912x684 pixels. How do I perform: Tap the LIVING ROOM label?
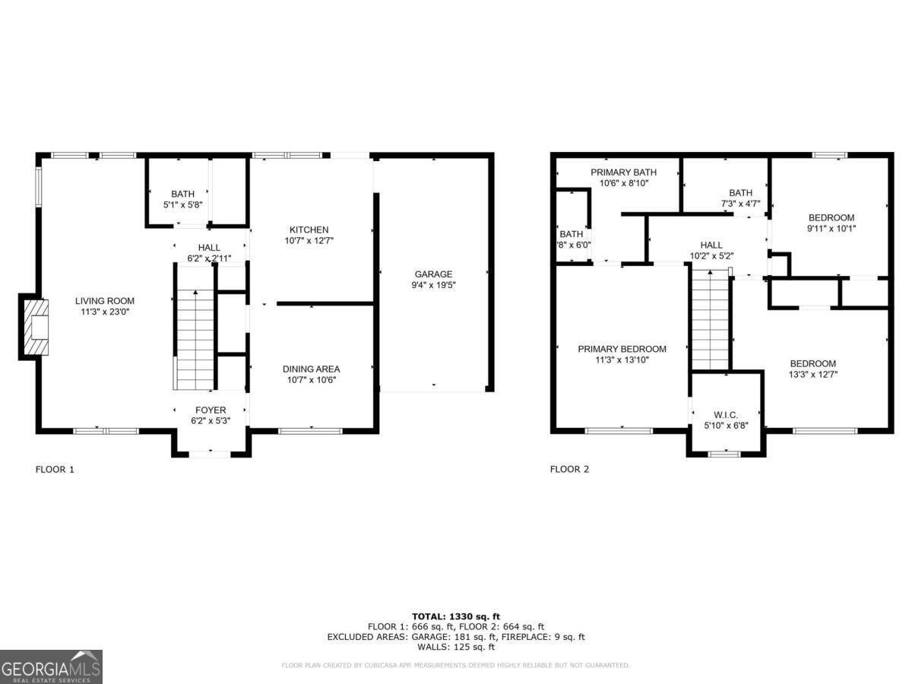coord(104,301)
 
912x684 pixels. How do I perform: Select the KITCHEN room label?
coord(309,230)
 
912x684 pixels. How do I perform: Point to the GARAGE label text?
coord(433,274)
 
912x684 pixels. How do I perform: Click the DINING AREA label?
coord(312,369)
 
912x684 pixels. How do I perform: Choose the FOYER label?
coord(211,410)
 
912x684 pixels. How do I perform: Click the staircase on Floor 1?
coord(195,338)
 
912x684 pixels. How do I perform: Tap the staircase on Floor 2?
coord(711,323)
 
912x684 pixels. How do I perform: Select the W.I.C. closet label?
coord(725,415)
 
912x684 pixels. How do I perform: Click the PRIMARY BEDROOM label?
coord(622,349)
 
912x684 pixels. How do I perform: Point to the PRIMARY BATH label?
coord(623,173)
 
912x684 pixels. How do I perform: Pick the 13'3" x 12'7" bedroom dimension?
coord(812,374)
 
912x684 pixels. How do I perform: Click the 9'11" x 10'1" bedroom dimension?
coord(831,228)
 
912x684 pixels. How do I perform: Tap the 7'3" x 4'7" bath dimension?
coord(739,203)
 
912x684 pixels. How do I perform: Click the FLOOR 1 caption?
coord(55,469)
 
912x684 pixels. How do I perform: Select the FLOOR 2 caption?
coord(569,469)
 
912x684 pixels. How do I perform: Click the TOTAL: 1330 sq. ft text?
coord(455,616)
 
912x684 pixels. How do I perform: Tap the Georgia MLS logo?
coord(51,667)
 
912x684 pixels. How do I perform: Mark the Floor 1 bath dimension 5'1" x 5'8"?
coord(182,204)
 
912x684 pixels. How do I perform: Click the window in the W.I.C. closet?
coord(724,454)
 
